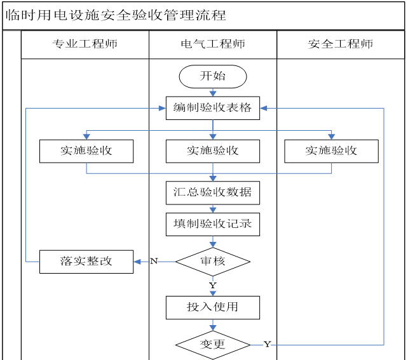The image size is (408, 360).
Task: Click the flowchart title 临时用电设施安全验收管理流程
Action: (x=116, y=15)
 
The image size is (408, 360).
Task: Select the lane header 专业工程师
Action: (x=85, y=44)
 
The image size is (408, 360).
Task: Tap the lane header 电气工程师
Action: (x=213, y=44)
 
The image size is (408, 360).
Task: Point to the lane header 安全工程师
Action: (x=341, y=44)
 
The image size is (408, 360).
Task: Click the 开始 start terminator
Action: (x=213, y=76)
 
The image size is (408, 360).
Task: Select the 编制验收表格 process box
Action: (x=213, y=108)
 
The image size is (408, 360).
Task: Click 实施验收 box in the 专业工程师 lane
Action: (x=86, y=151)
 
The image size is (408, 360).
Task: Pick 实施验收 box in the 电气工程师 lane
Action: (x=213, y=151)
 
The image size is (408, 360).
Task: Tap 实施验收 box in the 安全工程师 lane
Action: (x=331, y=151)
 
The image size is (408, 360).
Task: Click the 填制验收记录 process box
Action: (x=213, y=224)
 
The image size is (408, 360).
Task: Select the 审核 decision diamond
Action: (x=213, y=261)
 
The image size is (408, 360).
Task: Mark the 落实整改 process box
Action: (x=86, y=262)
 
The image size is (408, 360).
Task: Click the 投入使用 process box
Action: (x=213, y=307)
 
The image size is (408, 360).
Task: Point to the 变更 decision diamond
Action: (x=213, y=345)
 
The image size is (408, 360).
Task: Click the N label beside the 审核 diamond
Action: (x=154, y=261)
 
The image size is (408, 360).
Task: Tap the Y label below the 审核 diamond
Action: (x=213, y=285)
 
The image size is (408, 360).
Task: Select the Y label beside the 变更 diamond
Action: (x=267, y=344)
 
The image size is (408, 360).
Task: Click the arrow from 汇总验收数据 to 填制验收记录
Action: (x=213, y=208)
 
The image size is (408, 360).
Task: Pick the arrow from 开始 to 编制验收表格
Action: (x=213, y=92)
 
